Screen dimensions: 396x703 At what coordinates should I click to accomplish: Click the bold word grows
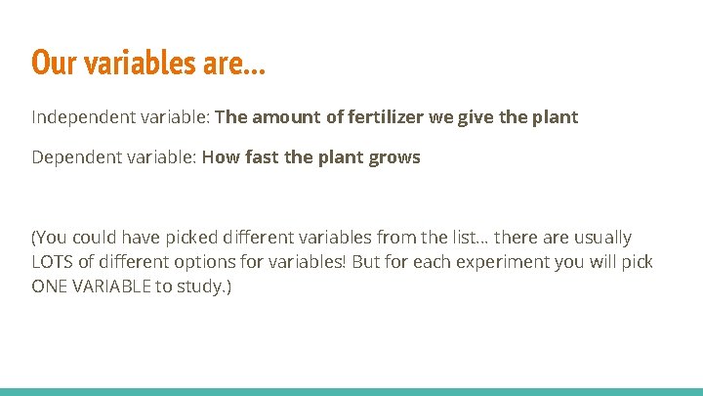tap(394, 157)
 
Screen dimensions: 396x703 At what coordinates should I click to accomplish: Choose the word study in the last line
tap(205, 287)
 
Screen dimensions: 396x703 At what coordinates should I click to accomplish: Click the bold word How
tap(221, 157)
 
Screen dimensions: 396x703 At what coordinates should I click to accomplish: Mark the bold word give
tap(498, 117)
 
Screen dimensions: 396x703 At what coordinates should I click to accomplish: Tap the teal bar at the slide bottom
tap(351, 391)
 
